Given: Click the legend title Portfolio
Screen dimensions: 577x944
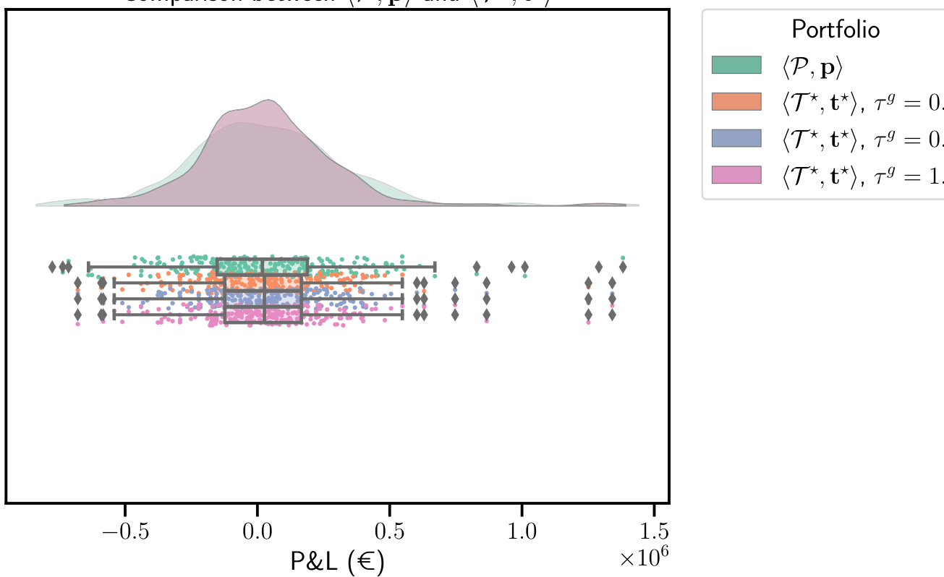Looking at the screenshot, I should [x=835, y=30].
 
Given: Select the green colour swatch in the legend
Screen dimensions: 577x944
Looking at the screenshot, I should [x=736, y=64].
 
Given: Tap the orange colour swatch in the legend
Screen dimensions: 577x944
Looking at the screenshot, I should [x=736, y=101].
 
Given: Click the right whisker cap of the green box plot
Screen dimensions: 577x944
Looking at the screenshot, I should [x=435, y=267].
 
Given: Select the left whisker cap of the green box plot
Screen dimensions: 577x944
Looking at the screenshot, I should [x=88, y=267].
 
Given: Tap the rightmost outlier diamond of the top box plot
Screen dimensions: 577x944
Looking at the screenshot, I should [x=623, y=267].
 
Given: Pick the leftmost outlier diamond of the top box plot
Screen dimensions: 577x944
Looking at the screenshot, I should [x=52, y=267].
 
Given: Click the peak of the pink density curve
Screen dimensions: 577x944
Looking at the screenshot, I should [x=258, y=101].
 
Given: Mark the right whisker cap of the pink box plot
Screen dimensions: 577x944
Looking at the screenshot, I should [x=401, y=315].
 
